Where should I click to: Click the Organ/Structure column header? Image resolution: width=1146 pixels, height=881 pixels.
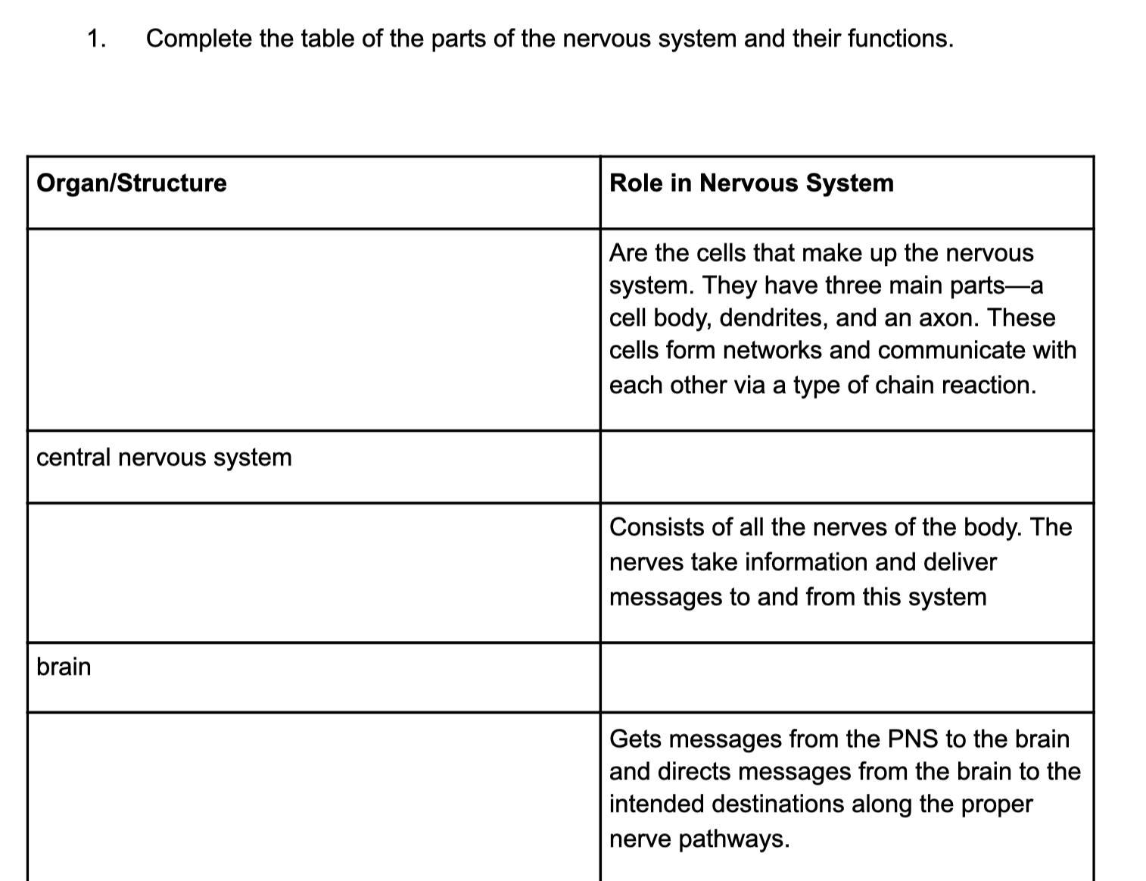131,183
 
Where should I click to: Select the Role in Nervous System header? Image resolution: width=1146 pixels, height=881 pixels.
751,183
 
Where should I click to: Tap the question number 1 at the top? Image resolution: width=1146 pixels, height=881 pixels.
95,39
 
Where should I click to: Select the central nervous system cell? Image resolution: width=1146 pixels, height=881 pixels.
163,458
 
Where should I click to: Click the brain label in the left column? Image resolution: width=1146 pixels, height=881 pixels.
64,667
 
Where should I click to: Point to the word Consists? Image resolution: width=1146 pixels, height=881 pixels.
656,527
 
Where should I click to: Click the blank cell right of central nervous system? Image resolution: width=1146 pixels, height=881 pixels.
846,467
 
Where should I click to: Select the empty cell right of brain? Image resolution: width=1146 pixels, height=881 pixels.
846,677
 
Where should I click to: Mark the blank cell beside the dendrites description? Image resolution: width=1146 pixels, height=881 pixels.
313,330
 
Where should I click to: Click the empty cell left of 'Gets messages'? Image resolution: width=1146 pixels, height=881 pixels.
313,795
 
